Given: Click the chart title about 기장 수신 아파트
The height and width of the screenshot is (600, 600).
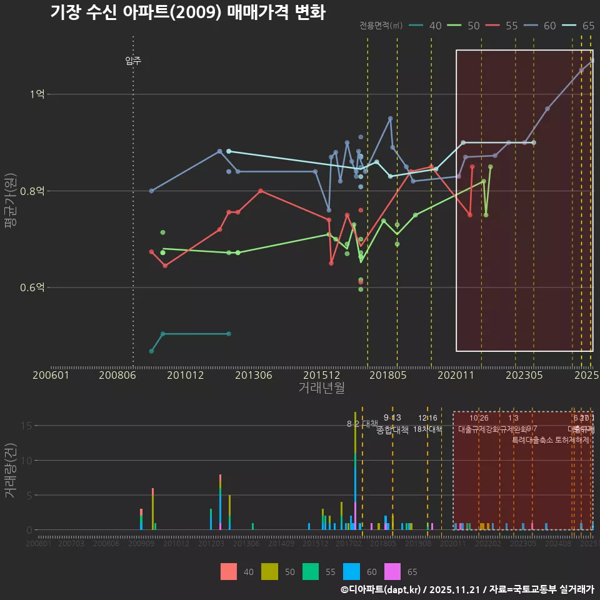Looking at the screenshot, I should (187, 13).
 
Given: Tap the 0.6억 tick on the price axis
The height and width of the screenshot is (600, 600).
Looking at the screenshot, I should (32, 287).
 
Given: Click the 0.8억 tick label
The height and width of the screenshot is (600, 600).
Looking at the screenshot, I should (32, 191).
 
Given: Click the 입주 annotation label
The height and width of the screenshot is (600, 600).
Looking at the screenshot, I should (133, 61).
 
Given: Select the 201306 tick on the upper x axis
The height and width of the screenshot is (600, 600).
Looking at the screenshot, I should (254, 375).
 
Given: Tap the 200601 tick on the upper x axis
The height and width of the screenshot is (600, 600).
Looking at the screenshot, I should (51, 375).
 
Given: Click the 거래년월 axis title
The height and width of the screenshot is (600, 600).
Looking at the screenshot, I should (321, 387).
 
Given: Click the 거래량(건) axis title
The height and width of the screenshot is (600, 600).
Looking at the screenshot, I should (11, 471).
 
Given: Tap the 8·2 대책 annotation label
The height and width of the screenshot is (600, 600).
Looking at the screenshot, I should (362, 424).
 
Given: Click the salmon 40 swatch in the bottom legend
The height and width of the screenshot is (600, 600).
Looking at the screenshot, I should (229, 572).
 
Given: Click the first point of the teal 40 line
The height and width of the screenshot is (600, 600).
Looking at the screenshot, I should (151, 351).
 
